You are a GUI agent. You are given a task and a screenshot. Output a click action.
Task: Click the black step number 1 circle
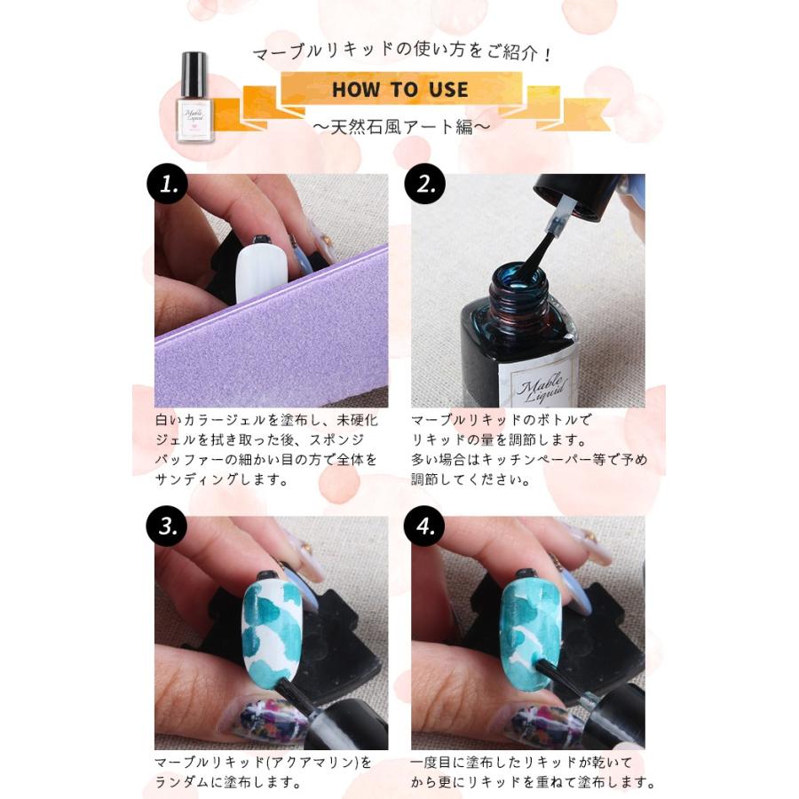click(168, 184)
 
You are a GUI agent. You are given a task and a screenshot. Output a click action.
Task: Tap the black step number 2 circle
click(424, 184)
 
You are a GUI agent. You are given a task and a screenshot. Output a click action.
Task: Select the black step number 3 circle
click(167, 526)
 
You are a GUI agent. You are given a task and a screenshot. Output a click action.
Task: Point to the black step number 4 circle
click(424, 526)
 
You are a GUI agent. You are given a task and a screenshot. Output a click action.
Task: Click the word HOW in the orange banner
click(356, 90)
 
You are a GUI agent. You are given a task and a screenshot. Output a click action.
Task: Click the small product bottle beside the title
click(194, 97)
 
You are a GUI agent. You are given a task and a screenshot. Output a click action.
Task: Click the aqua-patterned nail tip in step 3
click(272, 629)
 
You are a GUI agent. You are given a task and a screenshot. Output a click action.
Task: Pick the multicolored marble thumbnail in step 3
click(266, 718)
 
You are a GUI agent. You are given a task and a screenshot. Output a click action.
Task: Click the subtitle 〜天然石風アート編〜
click(401, 126)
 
